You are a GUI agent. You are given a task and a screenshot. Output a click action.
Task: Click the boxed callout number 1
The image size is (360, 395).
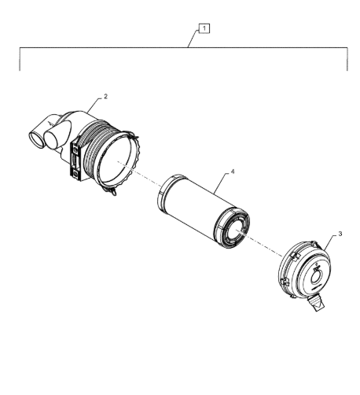click(x=204, y=28)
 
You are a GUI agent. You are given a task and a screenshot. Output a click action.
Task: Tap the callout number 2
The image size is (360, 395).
click(x=105, y=97)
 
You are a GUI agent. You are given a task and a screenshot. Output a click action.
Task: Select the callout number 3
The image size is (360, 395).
click(x=340, y=234)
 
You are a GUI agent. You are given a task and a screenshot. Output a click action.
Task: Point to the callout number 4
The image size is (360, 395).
click(x=233, y=172)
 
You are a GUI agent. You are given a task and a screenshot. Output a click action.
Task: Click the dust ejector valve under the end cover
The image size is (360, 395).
click(x=317, y=303)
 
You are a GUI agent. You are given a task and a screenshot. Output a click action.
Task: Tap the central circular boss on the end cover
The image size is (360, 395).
click(x=318, y=277)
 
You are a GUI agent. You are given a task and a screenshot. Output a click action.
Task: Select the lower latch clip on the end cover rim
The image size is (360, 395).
click(x=285, y=282)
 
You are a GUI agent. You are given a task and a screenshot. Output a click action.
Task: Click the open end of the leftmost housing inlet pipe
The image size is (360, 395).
click(x=36, y=139)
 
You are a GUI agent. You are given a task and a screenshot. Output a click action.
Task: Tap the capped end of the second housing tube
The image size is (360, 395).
click(x=53, y=139)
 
